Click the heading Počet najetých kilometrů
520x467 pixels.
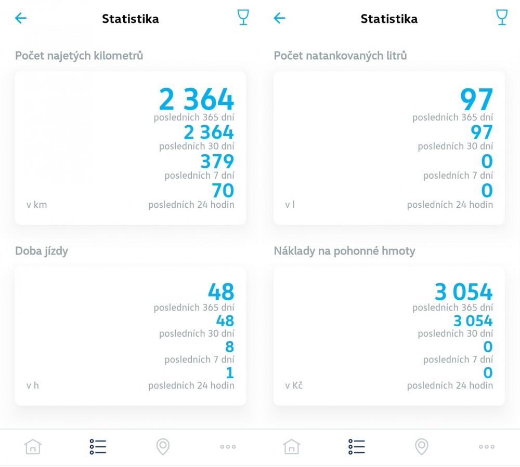[79, 56]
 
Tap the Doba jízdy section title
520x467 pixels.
[42, 251]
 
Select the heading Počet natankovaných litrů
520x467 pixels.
[340, 56]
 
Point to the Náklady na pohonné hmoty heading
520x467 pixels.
[344, 251]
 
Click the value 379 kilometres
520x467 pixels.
[217, 162]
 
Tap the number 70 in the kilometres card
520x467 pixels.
[223, 191]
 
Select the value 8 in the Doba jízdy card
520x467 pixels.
[229, 346]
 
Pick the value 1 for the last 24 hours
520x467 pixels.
[230, 372]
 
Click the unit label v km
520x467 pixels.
[36, 205]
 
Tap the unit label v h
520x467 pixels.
[32, 385]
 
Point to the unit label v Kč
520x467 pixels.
[294, 385]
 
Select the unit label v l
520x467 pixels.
[290, 205]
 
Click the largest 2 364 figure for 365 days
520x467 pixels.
[197, 99]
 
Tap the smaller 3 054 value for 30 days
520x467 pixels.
[473, 321]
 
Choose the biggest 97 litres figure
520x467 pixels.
[476, 99]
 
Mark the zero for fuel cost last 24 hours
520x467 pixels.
[488, 372]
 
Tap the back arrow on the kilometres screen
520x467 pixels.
[21, 19]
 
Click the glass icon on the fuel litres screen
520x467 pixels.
[501, 18]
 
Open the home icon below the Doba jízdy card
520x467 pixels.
[33, 446]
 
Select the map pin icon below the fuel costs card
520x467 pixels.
[422, 446]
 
